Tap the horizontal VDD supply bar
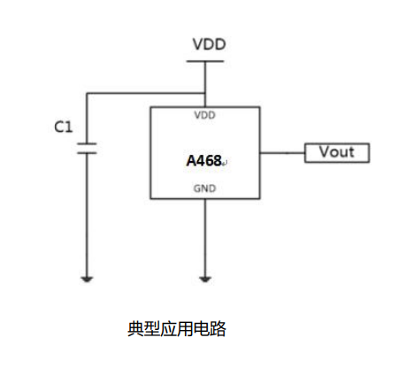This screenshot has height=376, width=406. (x=205, y=61)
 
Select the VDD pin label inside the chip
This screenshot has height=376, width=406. (x=204, y=115)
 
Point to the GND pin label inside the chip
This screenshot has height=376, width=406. (x=204, y=188)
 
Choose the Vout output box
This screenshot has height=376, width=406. (x=336, y=152)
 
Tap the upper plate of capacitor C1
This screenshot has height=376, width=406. (x=87, y=142)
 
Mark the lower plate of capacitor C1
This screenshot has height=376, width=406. (x=87, y=151)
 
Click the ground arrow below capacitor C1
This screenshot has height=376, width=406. (x=87, y=279)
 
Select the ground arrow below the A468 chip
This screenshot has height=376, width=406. (x=205, y=279)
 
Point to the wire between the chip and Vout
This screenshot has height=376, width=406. (x=282, y=152)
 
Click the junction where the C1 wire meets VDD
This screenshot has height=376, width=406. (x=205, y=92)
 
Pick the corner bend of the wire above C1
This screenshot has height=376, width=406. (x=87, y=92)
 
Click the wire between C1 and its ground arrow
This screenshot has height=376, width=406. (x=87, y=212)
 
